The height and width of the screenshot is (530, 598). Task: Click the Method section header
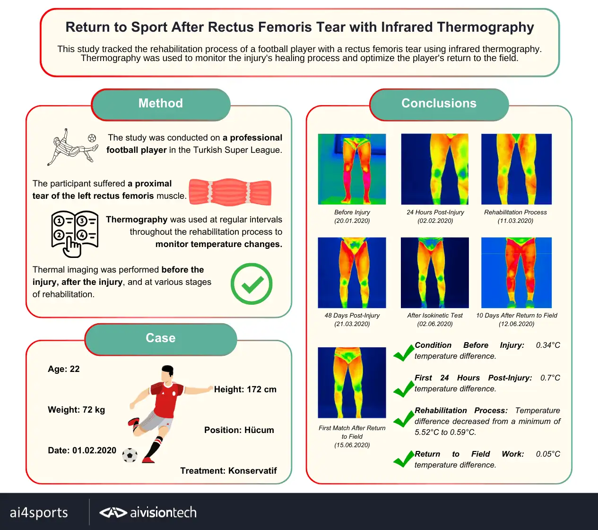[x=161, y=104]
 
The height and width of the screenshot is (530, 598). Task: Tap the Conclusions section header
[x=439, y=104]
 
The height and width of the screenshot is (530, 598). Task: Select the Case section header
[x=161, y=338]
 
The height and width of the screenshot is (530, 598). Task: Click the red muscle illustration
[x=230, y=192]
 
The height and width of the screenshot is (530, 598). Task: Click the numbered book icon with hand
[x=75, y=234]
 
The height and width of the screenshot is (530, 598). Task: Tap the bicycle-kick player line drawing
[x=72, y=147]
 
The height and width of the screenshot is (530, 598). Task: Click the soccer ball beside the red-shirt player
[x=130, y=455]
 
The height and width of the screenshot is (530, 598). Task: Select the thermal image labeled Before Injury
[x=352, y=169]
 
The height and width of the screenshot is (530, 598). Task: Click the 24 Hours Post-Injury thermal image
[x=435, y=169]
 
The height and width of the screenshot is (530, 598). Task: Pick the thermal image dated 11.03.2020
[x=516, y=169]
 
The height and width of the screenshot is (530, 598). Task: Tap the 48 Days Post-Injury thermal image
[x=352, y=273]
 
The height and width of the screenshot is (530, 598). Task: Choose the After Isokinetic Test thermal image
[x=435, y=273]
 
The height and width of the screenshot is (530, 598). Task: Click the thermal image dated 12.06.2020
[x=516, y=273]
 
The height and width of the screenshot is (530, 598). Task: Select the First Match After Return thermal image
[x=352, y=382]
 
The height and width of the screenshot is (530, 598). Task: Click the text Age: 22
[x=64, y=369]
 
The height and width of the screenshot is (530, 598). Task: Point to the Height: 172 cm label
[x=245, y=389]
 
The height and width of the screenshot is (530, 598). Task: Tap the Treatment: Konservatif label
[x=228, y=471]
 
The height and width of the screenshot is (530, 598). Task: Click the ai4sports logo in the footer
[x=39, y=512]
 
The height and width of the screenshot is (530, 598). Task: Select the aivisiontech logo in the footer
[x=148, y=512]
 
